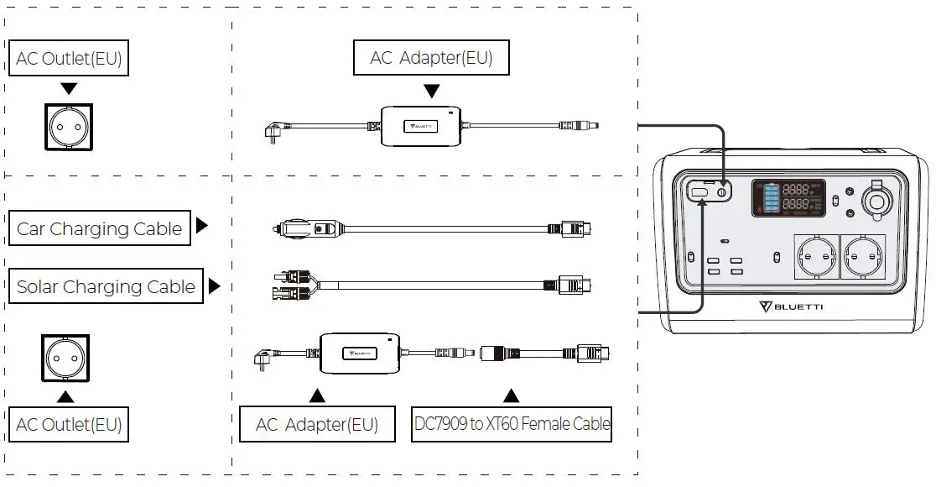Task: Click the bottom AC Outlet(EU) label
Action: (x=69, y=425)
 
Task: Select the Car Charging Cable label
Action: (x=100, y=229)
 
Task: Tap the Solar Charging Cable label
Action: (x=106, y=286)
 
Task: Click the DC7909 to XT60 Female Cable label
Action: (x=512, y=424)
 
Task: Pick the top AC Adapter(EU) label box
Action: (x=431, y=58)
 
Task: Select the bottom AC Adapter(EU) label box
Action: (x=316, y=425)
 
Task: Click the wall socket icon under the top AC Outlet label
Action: (x=70, y=128)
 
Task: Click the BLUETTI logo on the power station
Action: (x=791, y=306)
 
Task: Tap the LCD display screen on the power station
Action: (x=785, y=198)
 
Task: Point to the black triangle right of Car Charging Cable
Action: (x=201, y=226)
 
